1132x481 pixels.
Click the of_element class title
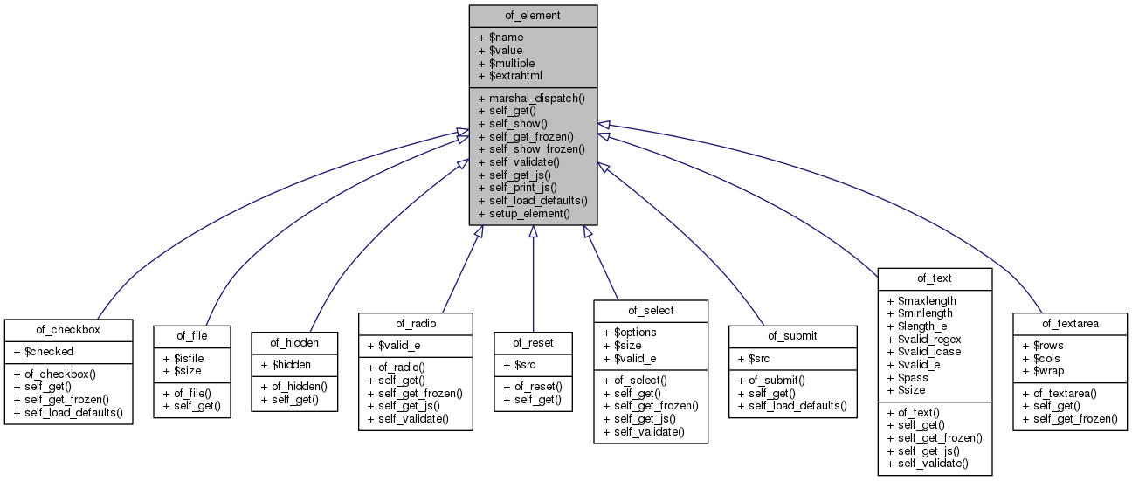pyautogui.click(x=533, y=16)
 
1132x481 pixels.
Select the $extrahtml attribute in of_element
pyautogui.click(x=515, y=76)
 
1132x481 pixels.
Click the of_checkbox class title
pyautogui.click(x=68, y=329)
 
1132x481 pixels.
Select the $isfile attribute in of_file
pyautogui.click(x=186, y=357)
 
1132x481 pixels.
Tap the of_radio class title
pyautogui.click(x=415, y=324)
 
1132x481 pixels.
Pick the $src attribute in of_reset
pyautogui.click(x=523, y=364)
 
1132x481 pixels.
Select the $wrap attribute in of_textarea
pyautogui.click(x=1044, y=371)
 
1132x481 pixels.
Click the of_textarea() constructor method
pyautogui.click(x=1059, y=394)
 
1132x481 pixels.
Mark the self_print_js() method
pyautogui.click(x=523, y=187)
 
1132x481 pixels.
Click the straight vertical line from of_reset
pyautogui.click(x=533, y=279)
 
